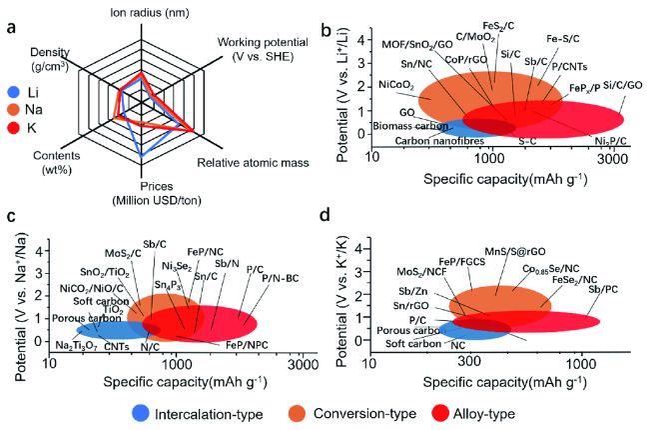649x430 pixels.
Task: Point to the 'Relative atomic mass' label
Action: click(251, 161)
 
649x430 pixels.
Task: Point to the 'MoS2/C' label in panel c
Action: click(124, 252)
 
